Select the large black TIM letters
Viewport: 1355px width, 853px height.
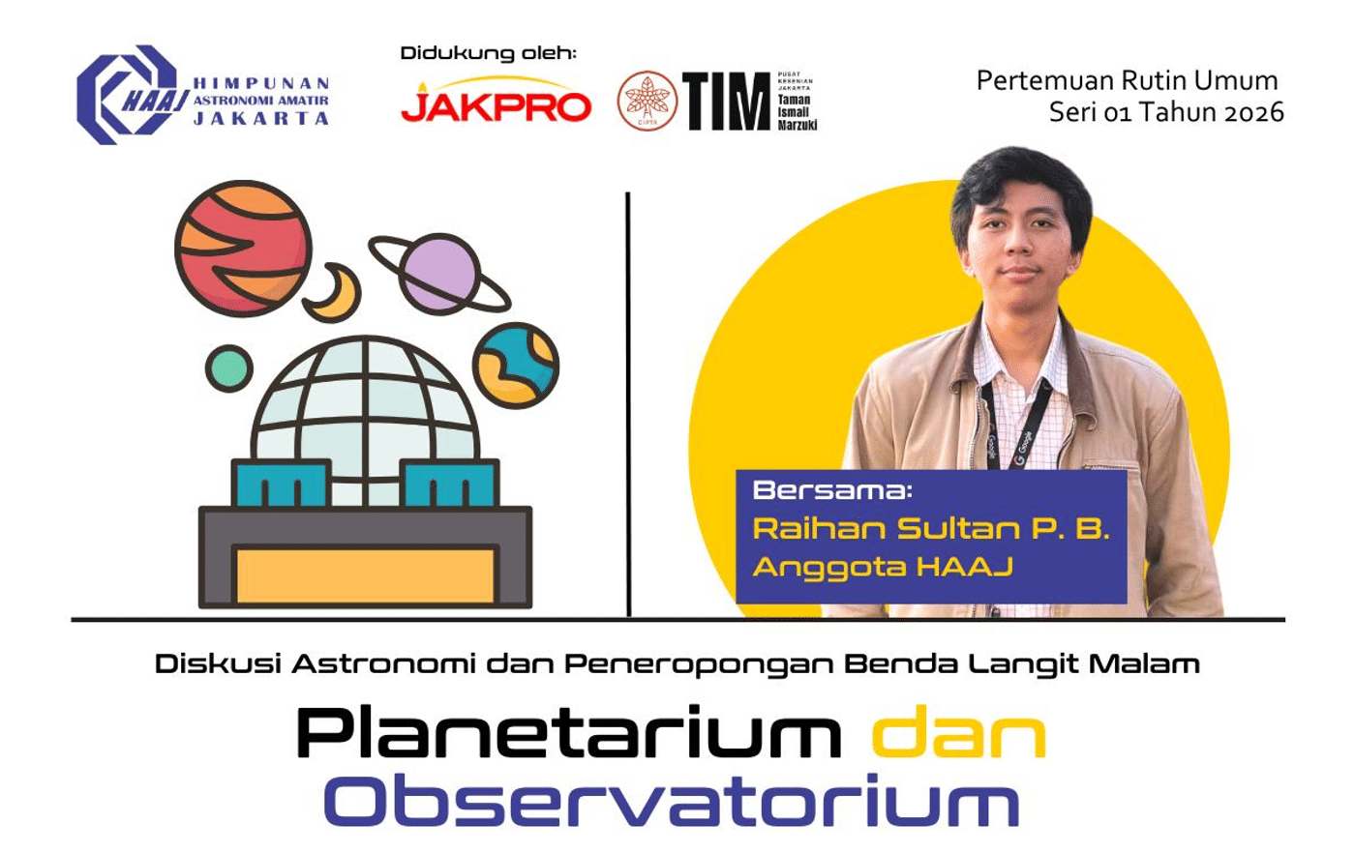[x=726, y=102]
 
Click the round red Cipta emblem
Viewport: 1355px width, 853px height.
[x=647, y=101]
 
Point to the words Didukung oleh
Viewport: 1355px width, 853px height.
[x=488, y=53]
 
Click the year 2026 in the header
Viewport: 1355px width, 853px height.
[x=1253, y=112]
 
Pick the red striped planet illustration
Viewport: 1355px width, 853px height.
[x=243, y=248]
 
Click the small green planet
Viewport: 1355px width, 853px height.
[x=229, y=368]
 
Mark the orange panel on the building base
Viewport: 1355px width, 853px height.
[x=366, y=574]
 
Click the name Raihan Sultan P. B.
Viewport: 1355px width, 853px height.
[x=930, y=529]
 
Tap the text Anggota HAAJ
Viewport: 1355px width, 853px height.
[x=883, y=567]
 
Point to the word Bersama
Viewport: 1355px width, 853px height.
[x=832, y=489]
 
